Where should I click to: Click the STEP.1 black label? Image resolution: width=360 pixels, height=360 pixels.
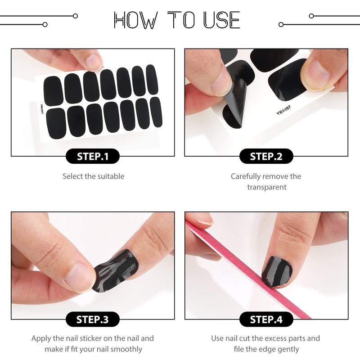(x=93, y=156)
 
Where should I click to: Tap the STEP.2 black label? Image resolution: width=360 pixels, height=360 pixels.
(x=266, y=156)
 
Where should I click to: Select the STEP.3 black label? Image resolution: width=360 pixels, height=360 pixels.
(x=93, y=319)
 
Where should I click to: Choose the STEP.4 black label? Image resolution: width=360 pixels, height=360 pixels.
(x=266, y=319)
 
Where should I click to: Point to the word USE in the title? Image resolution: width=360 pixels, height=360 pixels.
(x=222, y=20)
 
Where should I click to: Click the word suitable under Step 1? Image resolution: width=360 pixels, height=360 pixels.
(x=111, y=176)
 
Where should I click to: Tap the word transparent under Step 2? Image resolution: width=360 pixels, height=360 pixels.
(x=267, y=187)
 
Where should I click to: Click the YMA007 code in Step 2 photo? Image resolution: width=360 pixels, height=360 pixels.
(x=283, y=110)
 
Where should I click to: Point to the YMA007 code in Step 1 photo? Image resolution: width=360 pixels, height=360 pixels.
(x=42, y=109)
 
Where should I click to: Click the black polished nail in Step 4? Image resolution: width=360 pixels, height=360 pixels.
(x=277, y=271)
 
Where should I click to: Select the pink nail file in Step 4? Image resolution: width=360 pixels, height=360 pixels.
(x=248, y=269)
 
